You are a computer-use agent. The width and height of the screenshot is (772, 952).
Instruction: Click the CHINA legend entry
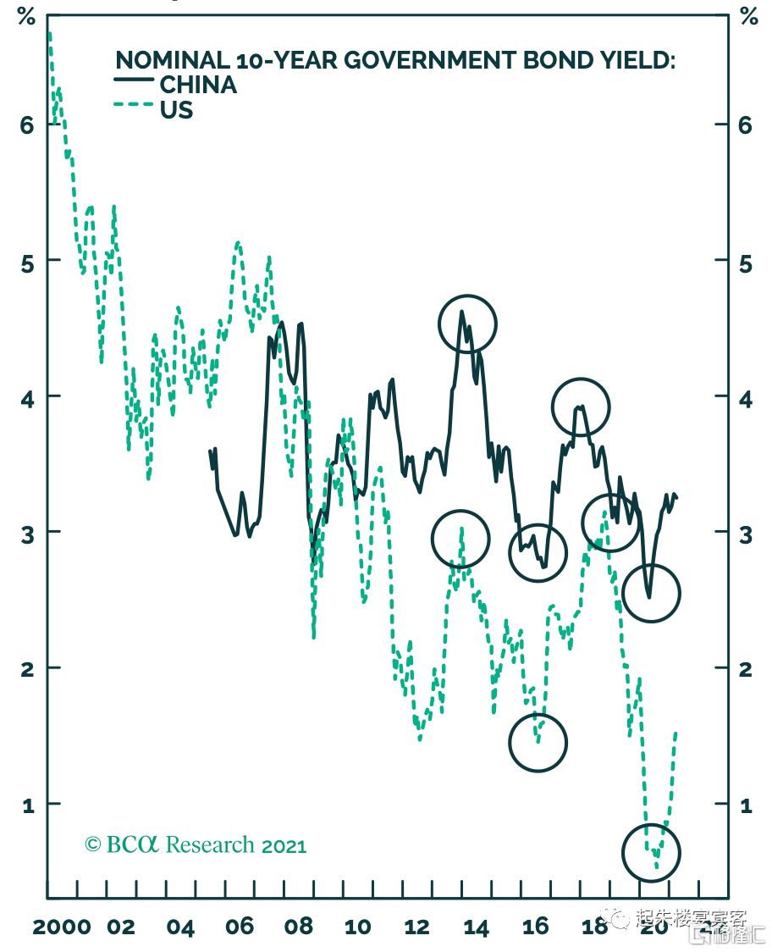197,85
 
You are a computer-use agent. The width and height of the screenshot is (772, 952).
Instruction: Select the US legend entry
176,110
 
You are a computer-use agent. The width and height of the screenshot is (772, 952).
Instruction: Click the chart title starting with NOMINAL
395,60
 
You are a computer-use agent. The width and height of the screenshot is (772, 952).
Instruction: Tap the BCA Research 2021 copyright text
196,844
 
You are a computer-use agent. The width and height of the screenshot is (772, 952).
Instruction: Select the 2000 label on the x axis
62,927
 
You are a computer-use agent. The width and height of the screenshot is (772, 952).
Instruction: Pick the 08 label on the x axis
299,927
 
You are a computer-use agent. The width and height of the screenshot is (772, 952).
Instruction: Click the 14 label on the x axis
476,927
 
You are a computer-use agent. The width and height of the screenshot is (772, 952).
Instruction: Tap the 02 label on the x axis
121,927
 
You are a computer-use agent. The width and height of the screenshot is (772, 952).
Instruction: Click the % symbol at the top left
26,16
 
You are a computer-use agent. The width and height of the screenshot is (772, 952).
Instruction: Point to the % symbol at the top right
748,16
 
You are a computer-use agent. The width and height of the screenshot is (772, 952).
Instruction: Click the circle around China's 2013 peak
466,324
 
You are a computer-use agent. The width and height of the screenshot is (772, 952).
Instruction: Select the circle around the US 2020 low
651,852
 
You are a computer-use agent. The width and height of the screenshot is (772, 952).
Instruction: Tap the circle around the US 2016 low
538,743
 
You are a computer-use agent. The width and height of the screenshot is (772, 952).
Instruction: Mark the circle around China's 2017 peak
581,407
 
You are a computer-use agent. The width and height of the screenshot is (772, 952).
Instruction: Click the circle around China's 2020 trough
651,594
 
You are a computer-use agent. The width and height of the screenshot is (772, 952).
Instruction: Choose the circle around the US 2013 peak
460,539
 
